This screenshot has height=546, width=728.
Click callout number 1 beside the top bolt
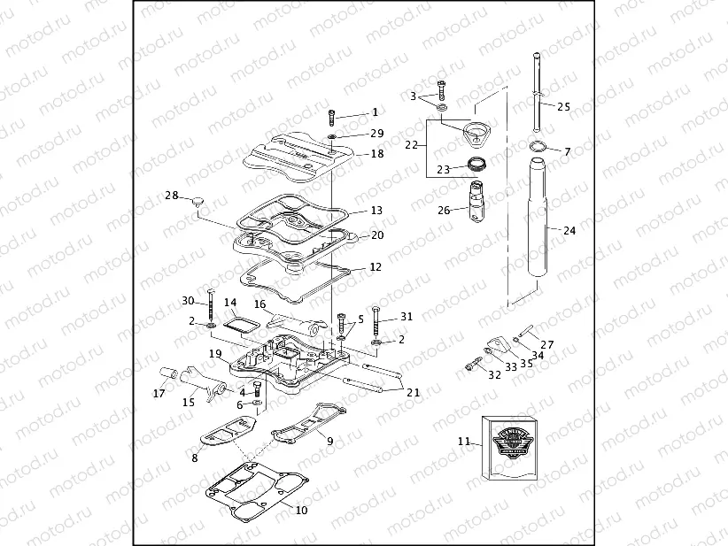(375, 112)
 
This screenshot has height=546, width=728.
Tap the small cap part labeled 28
(197, 203)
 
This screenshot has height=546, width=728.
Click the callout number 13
(376, 211)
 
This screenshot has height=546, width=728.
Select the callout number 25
(563, 106)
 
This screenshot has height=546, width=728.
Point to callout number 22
(411, 144)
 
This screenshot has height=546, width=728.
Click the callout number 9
(329, 441)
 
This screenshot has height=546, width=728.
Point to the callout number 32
(494, 374)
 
